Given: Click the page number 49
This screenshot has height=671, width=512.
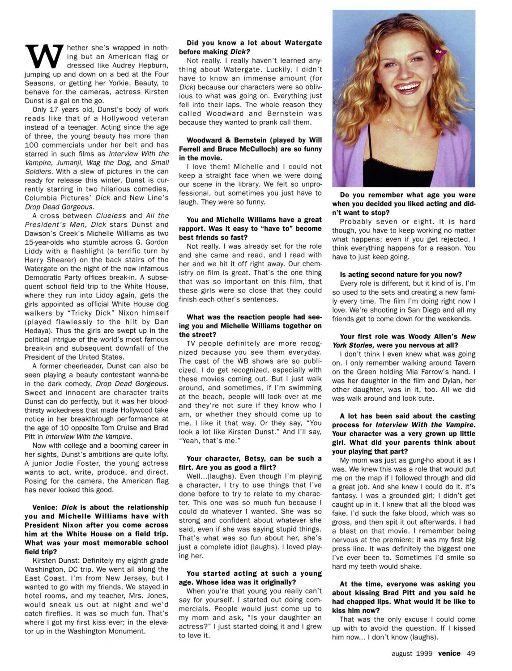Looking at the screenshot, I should pos(470,653).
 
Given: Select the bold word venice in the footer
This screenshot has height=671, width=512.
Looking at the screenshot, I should pos(449,653).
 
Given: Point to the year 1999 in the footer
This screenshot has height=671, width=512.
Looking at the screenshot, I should pos(424,653).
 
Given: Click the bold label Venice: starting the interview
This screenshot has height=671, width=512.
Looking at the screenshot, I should pos(46,507).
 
